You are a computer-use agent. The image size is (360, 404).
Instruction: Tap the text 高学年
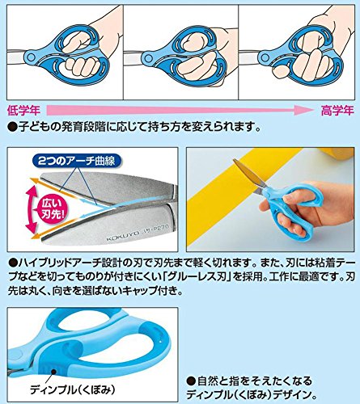point(334,108)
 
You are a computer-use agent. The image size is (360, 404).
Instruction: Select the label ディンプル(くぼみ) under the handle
point(74,387)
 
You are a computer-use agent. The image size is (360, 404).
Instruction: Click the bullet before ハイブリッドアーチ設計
point(10,263)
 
